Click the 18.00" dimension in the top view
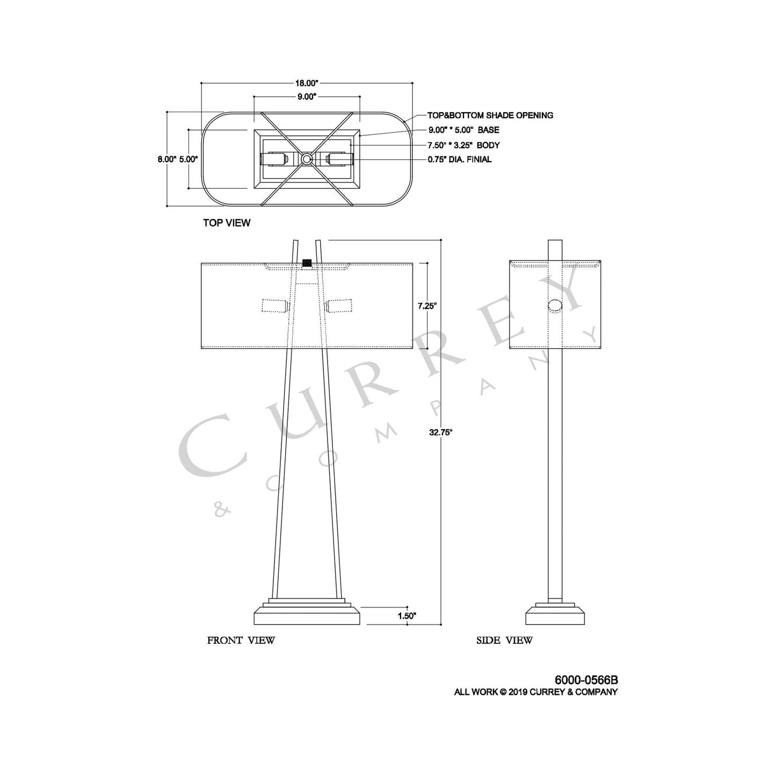pos(307,83)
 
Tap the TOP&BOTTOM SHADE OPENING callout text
pos(490,115)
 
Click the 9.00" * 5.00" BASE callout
pos(463,130)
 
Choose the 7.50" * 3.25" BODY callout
pos(463,145)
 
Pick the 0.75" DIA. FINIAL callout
pos(459,159)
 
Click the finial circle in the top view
pos(307,158)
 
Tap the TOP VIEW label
pos(226,222)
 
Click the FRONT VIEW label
pos(241,640)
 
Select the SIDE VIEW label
pos(504,640)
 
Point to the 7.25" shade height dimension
pos(427,306)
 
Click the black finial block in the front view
pos(307,263)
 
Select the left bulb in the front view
pos(274,306)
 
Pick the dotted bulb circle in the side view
pos(555,306)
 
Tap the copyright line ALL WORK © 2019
pos(535,692)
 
